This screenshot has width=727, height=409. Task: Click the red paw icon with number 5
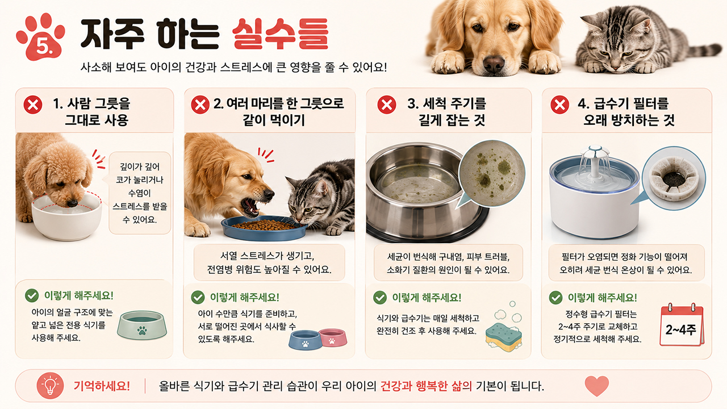40,37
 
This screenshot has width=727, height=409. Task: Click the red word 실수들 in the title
281,34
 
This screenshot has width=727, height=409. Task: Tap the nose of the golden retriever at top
494,62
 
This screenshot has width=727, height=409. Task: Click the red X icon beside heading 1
33,105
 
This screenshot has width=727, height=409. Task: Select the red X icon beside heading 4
560,105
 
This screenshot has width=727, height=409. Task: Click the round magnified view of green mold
492,173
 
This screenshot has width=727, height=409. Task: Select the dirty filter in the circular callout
674,178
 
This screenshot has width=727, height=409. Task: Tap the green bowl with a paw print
142,325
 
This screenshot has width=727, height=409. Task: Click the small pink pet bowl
333,337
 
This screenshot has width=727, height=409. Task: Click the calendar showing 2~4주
682,325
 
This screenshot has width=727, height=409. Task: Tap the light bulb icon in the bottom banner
51,386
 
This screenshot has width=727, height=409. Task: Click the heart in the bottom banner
596,386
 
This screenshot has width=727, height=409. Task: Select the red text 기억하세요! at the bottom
102,386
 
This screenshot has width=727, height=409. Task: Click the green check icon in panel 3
380,297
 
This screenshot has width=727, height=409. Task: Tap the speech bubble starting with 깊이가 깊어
139,193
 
